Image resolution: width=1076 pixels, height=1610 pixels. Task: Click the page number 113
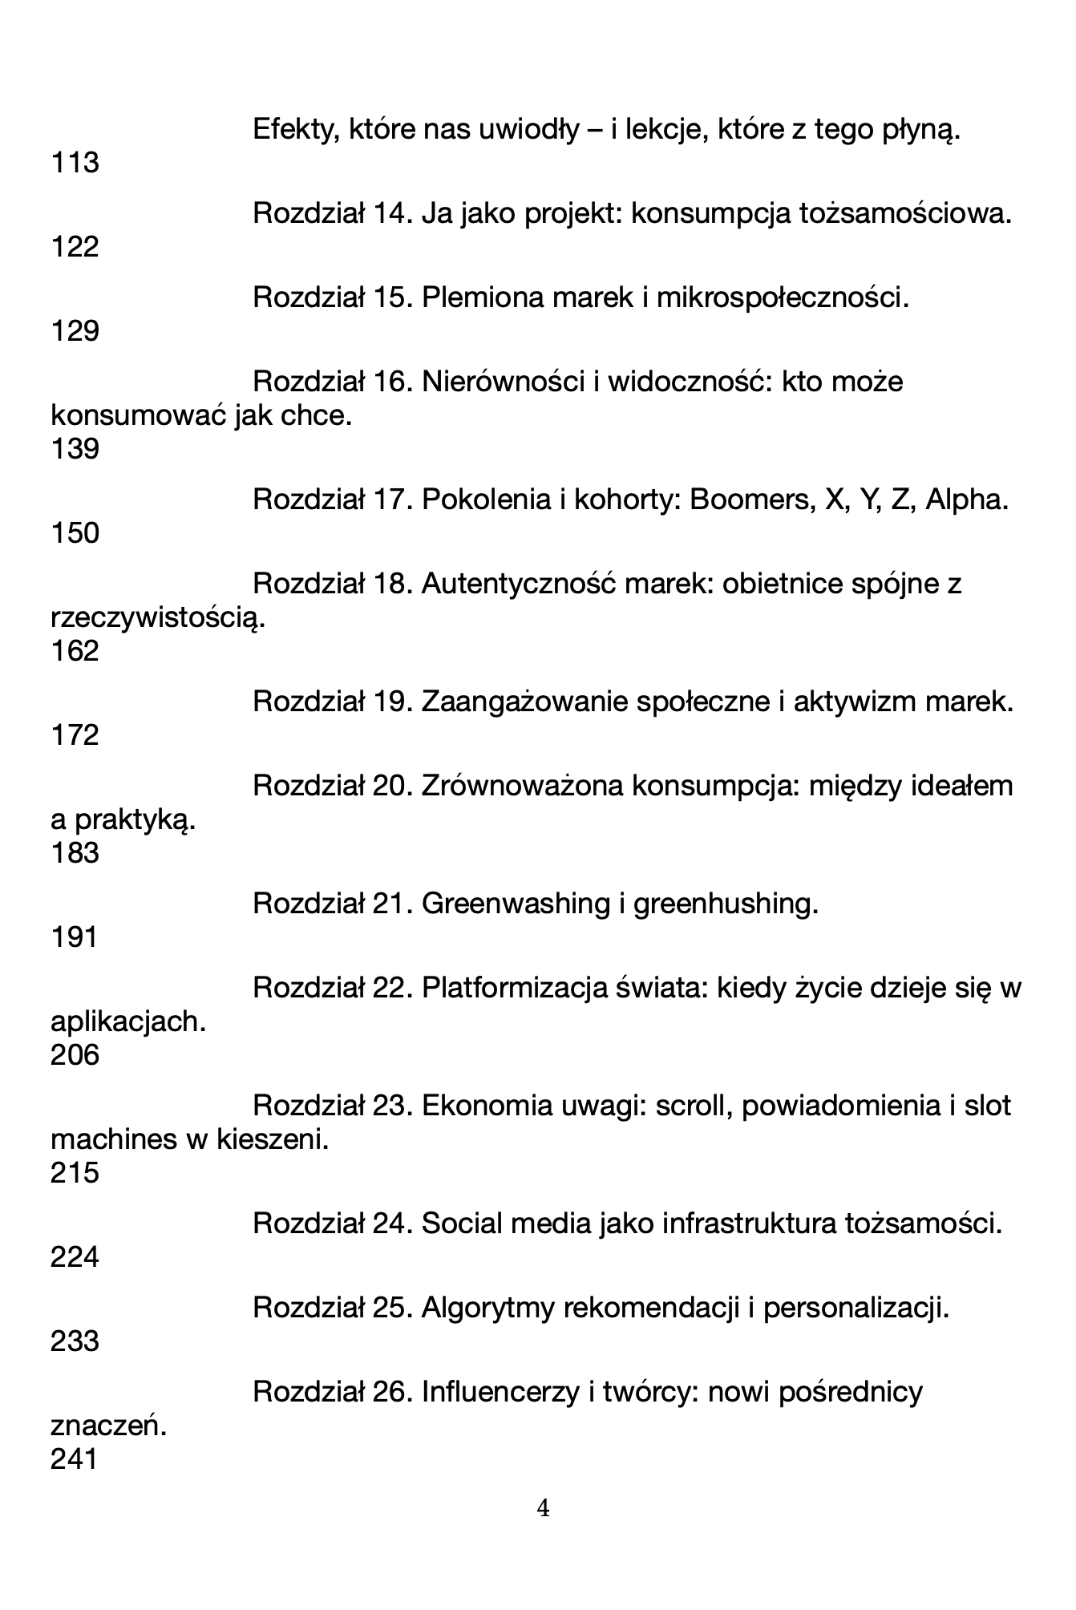tap(75, 163)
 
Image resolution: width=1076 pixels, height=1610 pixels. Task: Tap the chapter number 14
tap(392, 213)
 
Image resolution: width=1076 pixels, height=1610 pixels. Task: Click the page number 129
tap(75, 330)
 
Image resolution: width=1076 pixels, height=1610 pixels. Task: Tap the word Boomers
tap(750, 500)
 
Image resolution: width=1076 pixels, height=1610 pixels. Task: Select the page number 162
tap(75, 650)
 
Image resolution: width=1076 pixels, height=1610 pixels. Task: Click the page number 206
tap(75, 1054)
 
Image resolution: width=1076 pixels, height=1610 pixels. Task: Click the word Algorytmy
tap(488, 1308)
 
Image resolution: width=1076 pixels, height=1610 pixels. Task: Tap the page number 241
tap(74, 1458)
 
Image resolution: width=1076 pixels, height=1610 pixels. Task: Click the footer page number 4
tap(543, 1509)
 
